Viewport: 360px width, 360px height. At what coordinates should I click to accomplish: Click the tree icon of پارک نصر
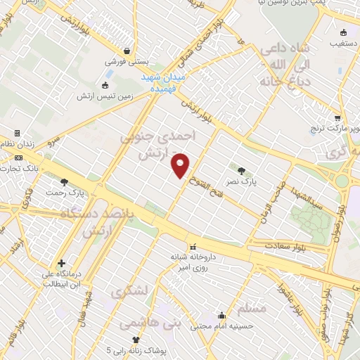242,171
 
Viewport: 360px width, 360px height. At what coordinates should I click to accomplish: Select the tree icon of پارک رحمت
65,181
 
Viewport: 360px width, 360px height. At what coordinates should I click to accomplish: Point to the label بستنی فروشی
126,61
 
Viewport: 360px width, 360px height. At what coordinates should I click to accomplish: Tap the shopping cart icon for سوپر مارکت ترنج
337,118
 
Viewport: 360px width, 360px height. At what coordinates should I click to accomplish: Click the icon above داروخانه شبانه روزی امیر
194,247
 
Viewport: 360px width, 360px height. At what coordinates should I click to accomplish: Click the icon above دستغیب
343,32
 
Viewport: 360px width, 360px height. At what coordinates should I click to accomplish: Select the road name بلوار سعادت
288,245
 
